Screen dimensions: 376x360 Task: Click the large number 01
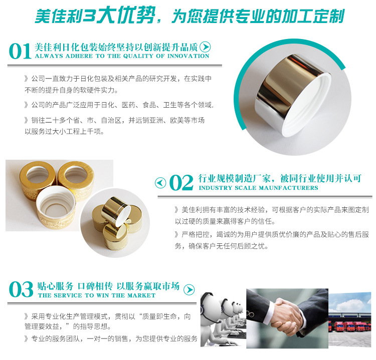20,51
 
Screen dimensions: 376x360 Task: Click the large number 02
181,183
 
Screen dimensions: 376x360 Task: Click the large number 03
21,289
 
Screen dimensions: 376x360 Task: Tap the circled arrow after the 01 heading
205,47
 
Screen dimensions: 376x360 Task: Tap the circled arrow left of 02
160,183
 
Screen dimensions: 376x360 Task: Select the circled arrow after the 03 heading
189,289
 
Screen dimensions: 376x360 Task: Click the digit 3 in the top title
89,17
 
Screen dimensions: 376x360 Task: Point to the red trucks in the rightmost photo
349,326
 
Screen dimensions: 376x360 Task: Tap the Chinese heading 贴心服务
55,286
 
